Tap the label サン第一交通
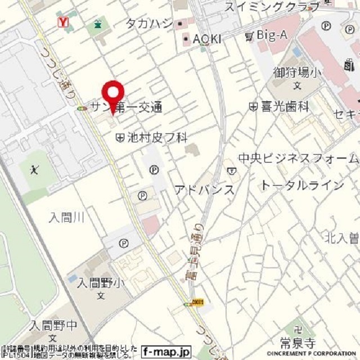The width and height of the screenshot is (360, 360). (x=126, y=107)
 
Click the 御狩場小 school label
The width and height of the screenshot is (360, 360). (x=297, y=72)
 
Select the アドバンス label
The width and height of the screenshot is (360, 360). (x=204, y=190)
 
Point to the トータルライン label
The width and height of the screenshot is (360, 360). (x=301, y=185)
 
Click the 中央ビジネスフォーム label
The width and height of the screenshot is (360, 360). (x=298, y=158)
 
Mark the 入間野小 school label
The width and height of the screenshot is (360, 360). (x=100, y=283)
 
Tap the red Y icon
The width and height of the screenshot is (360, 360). (x=64, y=22)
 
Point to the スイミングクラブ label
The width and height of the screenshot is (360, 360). (x=272, y=7)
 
